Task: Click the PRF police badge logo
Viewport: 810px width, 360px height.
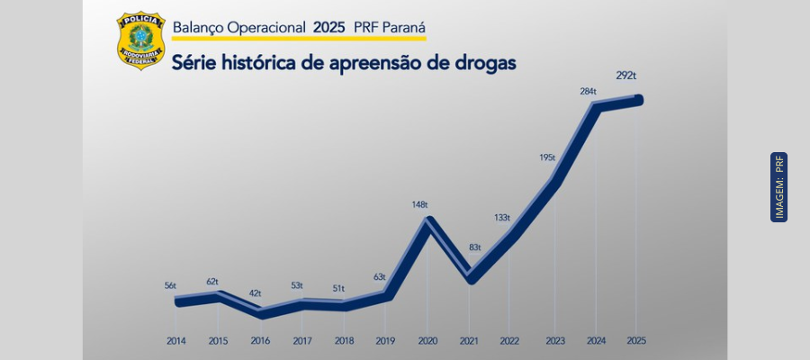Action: point(140,40)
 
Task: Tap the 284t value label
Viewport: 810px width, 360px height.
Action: point(588,91)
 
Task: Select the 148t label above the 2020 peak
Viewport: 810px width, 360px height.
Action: point(419,204)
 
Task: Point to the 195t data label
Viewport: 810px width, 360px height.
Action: point(547,157)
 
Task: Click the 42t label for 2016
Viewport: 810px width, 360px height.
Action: point(256,293)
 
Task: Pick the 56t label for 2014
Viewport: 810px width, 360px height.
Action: point(170,285)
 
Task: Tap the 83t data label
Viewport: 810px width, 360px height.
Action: point(474,247)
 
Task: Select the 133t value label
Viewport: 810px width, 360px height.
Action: point(502,218)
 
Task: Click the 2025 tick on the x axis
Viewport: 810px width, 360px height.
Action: point(636,341)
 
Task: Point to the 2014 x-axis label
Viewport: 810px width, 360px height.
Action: point(177,341)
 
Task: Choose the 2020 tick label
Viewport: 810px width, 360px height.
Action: point(427,341)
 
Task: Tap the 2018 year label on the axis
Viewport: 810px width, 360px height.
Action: point(344,341)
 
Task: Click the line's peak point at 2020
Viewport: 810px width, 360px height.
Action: point(430,220)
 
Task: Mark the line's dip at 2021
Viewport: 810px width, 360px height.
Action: point(471,279)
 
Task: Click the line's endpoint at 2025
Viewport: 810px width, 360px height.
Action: point(639,99)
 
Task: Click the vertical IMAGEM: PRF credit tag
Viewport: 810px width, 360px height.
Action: point(779,187)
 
